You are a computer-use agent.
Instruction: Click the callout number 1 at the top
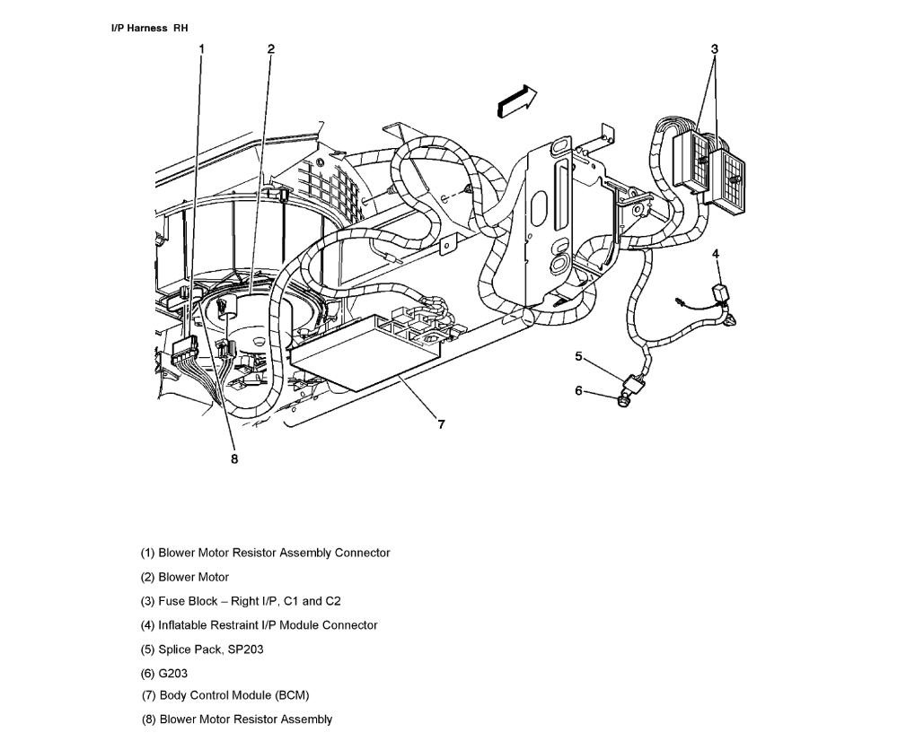[202, 49]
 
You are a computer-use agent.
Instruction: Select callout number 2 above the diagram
[270, 49]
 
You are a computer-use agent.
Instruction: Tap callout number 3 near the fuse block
[715, 49]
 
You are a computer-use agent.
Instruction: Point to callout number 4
[716, 255]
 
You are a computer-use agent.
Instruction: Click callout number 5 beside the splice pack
[579, 357]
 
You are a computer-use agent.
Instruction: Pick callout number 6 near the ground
[579, 390]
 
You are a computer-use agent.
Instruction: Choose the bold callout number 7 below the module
[441, 425]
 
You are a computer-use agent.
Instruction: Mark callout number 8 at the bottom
[234, 458]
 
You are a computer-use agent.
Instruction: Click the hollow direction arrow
[517, 100]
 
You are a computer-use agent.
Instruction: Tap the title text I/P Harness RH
[149, 28]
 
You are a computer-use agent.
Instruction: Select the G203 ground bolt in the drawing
[622, 400]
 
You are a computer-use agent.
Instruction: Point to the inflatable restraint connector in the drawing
[721, 295]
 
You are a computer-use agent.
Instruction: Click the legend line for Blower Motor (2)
[184, 577]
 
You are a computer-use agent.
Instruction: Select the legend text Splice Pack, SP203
[202, 649]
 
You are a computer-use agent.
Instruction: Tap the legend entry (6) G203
[164, 673]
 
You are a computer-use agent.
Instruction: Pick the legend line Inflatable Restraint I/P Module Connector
[259, 625]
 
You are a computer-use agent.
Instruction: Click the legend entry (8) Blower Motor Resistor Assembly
[237, 719]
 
